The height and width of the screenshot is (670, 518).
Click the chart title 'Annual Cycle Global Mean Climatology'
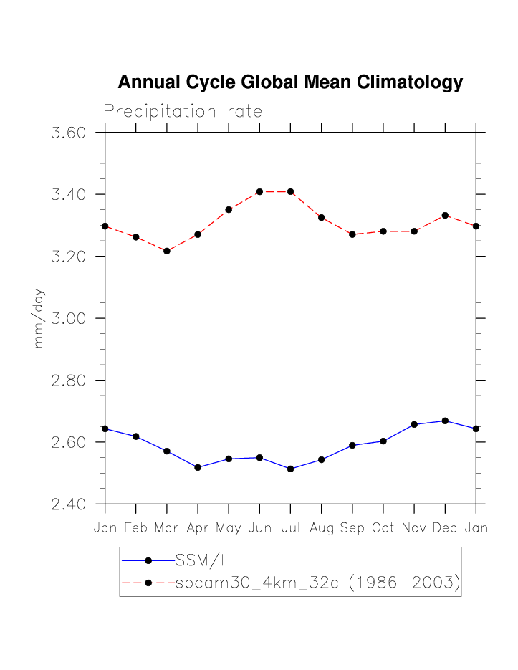pyautogui.click(x=290, y=82)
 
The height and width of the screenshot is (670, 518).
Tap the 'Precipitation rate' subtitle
pyautogui.click(x=183, y=112)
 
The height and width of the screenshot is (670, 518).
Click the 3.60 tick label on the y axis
pyautogui.click(x=69, y=133)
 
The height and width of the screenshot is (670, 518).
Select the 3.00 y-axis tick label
pyautogui.click(x=69, y=318)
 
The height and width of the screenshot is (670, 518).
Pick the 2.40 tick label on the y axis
pyautogui.click(x=69, y=504)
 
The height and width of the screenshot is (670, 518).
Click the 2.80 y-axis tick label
pyautogui.click(x=69, y=381)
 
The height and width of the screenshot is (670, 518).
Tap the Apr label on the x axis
pyautogui.click(x=198, y=529)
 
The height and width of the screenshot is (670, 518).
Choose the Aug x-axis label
pyautogui.click(x=321, y=529)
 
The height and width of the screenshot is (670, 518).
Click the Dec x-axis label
pyautogui.click(x=445, y=529)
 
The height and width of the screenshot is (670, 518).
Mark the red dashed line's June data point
pyautogui.click(x=259, y=192)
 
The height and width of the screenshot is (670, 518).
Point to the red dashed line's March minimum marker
pyautogui.click(x=167, y=251)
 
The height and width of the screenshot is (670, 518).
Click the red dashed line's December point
pyautogui.click(x=445, y=215)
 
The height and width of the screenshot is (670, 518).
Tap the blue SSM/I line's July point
pyautogui.click(x=290, y=469)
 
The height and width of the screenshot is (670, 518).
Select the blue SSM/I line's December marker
pyautogui.click(x=445, y=421)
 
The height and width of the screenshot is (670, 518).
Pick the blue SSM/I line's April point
pyautogui.click(x=198, y=467)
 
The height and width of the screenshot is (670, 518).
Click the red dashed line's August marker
pyautogui.click(x=321, y=217)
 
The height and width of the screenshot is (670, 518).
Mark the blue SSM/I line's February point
pyautogui.click(x=136, y=436)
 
